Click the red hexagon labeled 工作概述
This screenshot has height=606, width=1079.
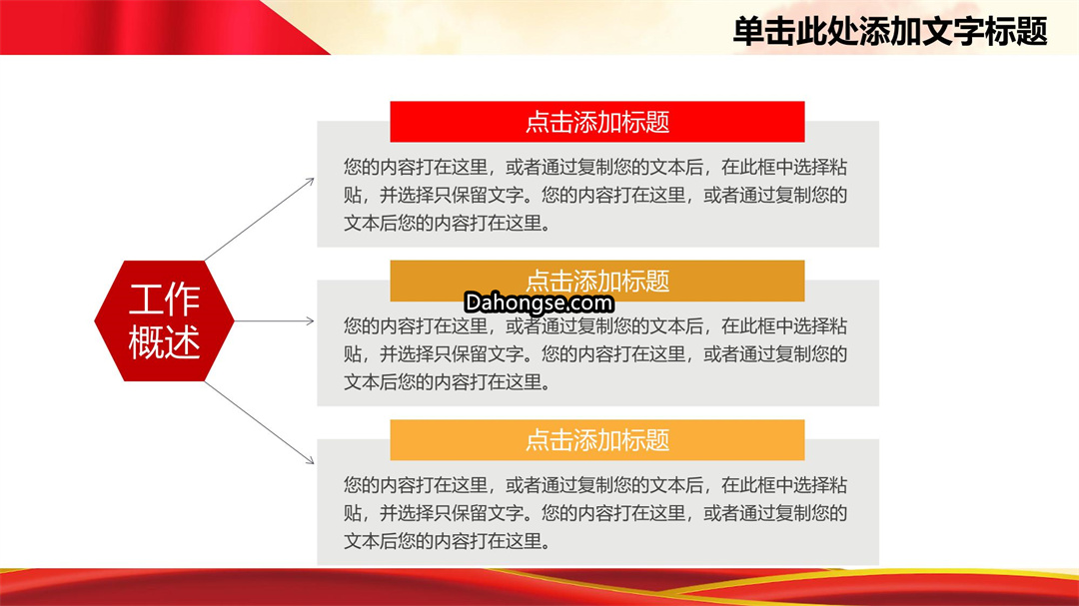165,320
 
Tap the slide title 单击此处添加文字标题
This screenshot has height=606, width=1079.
890,32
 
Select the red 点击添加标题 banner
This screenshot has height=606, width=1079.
597,122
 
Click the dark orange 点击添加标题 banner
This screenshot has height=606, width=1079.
597,281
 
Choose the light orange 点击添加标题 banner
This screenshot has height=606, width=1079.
597,439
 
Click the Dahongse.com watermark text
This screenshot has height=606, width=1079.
539,303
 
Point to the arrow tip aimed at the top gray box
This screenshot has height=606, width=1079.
314,180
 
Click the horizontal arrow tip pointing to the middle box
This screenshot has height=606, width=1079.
314,320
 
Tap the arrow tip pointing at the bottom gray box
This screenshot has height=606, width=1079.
314,463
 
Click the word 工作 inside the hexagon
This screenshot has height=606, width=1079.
165,300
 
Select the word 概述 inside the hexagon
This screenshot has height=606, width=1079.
165,341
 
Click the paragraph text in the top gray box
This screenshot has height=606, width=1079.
595,196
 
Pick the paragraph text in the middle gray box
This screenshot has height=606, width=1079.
595,354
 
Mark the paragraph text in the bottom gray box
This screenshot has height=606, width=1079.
595,513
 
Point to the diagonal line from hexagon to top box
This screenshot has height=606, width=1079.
260,220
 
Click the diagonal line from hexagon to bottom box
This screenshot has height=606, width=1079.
260,422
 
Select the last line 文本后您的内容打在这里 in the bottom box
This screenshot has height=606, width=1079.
448,541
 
